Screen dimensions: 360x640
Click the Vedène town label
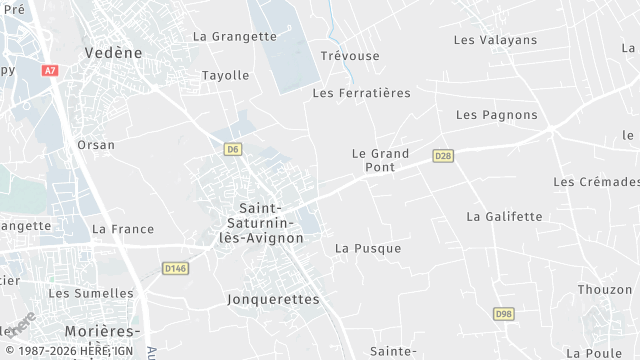(x=114, y=53)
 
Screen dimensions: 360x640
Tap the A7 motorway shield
(x=50, y=71)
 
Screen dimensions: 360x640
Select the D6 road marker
(x=232, y=149)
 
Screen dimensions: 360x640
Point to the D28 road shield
(x=443, y=156)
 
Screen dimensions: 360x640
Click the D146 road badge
(x=176, y=268)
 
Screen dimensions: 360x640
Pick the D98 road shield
(x=503, y=314)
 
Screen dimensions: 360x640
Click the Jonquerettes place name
(x=273, y=299)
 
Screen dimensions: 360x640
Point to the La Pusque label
(x=368, y=248)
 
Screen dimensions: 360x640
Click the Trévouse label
(x=350, y=56)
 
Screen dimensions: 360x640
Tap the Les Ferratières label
(x=362, y=93)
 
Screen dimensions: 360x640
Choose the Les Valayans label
(x=495, y=40)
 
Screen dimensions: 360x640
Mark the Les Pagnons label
(x=497, y=115)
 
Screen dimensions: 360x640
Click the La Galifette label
(x=504, y=216)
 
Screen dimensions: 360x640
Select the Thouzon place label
(x=605, y=290)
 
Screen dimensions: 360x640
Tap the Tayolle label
(x=226, y=75)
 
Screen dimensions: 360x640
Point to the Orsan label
(x=96, y=145)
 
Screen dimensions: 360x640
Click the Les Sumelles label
(x=91, y=293)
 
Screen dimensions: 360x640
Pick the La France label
(x=123, y=229)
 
